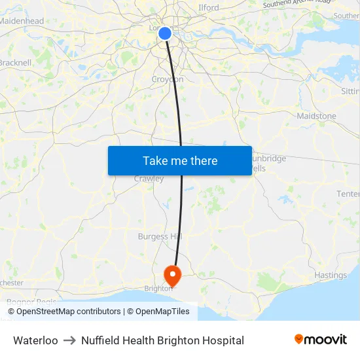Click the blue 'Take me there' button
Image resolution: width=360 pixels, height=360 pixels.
(x=180, y=160)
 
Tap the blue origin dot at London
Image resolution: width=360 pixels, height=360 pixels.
(x=165, y=33)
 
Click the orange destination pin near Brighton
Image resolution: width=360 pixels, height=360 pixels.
(x=171, y=274)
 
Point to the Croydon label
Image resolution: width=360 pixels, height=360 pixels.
(x=168, y=79)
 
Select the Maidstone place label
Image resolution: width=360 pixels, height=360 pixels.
(x=316, y=116)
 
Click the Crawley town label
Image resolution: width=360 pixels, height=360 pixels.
(x=149, y=179)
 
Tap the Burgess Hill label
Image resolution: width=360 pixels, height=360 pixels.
(x=160, y=236)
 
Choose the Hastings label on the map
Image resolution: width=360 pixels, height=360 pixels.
(x=330, y=275)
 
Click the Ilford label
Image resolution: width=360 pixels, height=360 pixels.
(x=208, y=8)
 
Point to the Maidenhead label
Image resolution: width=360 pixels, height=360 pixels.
(x=22, y=21)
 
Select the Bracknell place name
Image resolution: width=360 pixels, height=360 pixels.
(x=15, y=63)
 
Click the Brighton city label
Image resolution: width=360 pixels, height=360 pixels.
(x=158, y=287)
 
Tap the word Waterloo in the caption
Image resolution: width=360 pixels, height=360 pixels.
(x=35, y=340)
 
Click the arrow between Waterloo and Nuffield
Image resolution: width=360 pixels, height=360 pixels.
(x=69, y=340)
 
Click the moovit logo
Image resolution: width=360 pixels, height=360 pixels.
(x=320, y=339)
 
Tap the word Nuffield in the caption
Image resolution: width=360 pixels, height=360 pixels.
(x=100, y=340)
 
